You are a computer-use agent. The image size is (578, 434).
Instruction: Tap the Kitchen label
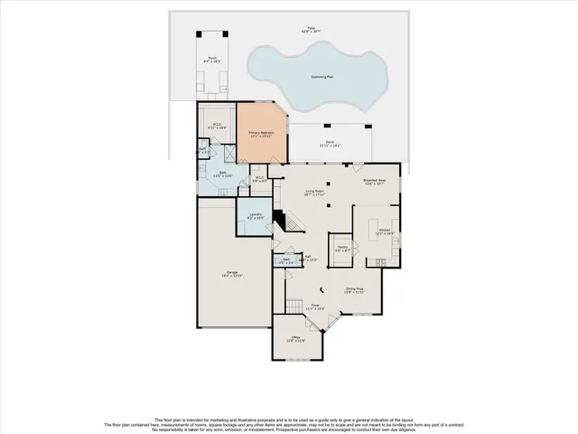coord(384,232)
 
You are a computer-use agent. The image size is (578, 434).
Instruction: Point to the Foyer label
coord(315,307)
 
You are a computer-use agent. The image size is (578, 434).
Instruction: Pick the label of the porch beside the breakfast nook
coord(330,144)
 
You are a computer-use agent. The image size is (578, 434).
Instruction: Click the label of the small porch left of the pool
coord(212,61)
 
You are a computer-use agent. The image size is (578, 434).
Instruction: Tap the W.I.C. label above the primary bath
coord(217,127)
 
